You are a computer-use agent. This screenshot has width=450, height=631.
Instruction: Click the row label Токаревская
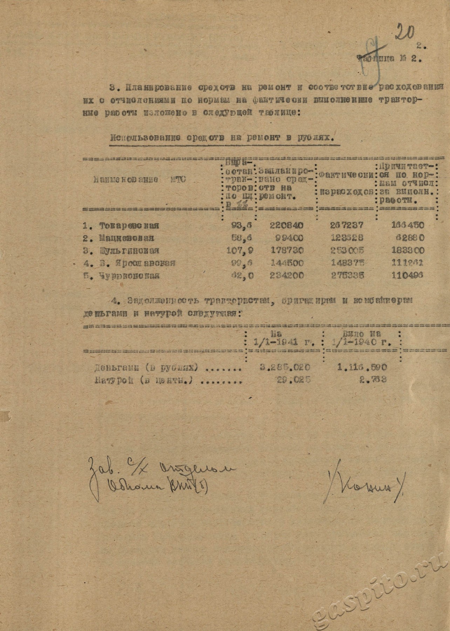tap(129, 225)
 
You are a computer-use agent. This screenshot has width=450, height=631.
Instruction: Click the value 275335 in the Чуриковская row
tap(347, 276)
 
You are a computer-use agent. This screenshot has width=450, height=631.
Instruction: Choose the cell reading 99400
tap(289, 238)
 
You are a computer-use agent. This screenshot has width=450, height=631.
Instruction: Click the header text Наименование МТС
tap(139, 180)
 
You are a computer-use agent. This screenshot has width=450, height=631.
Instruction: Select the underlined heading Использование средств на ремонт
tap(221, 138)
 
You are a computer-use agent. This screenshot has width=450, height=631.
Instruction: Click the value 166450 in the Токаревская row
tap(407, 225)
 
